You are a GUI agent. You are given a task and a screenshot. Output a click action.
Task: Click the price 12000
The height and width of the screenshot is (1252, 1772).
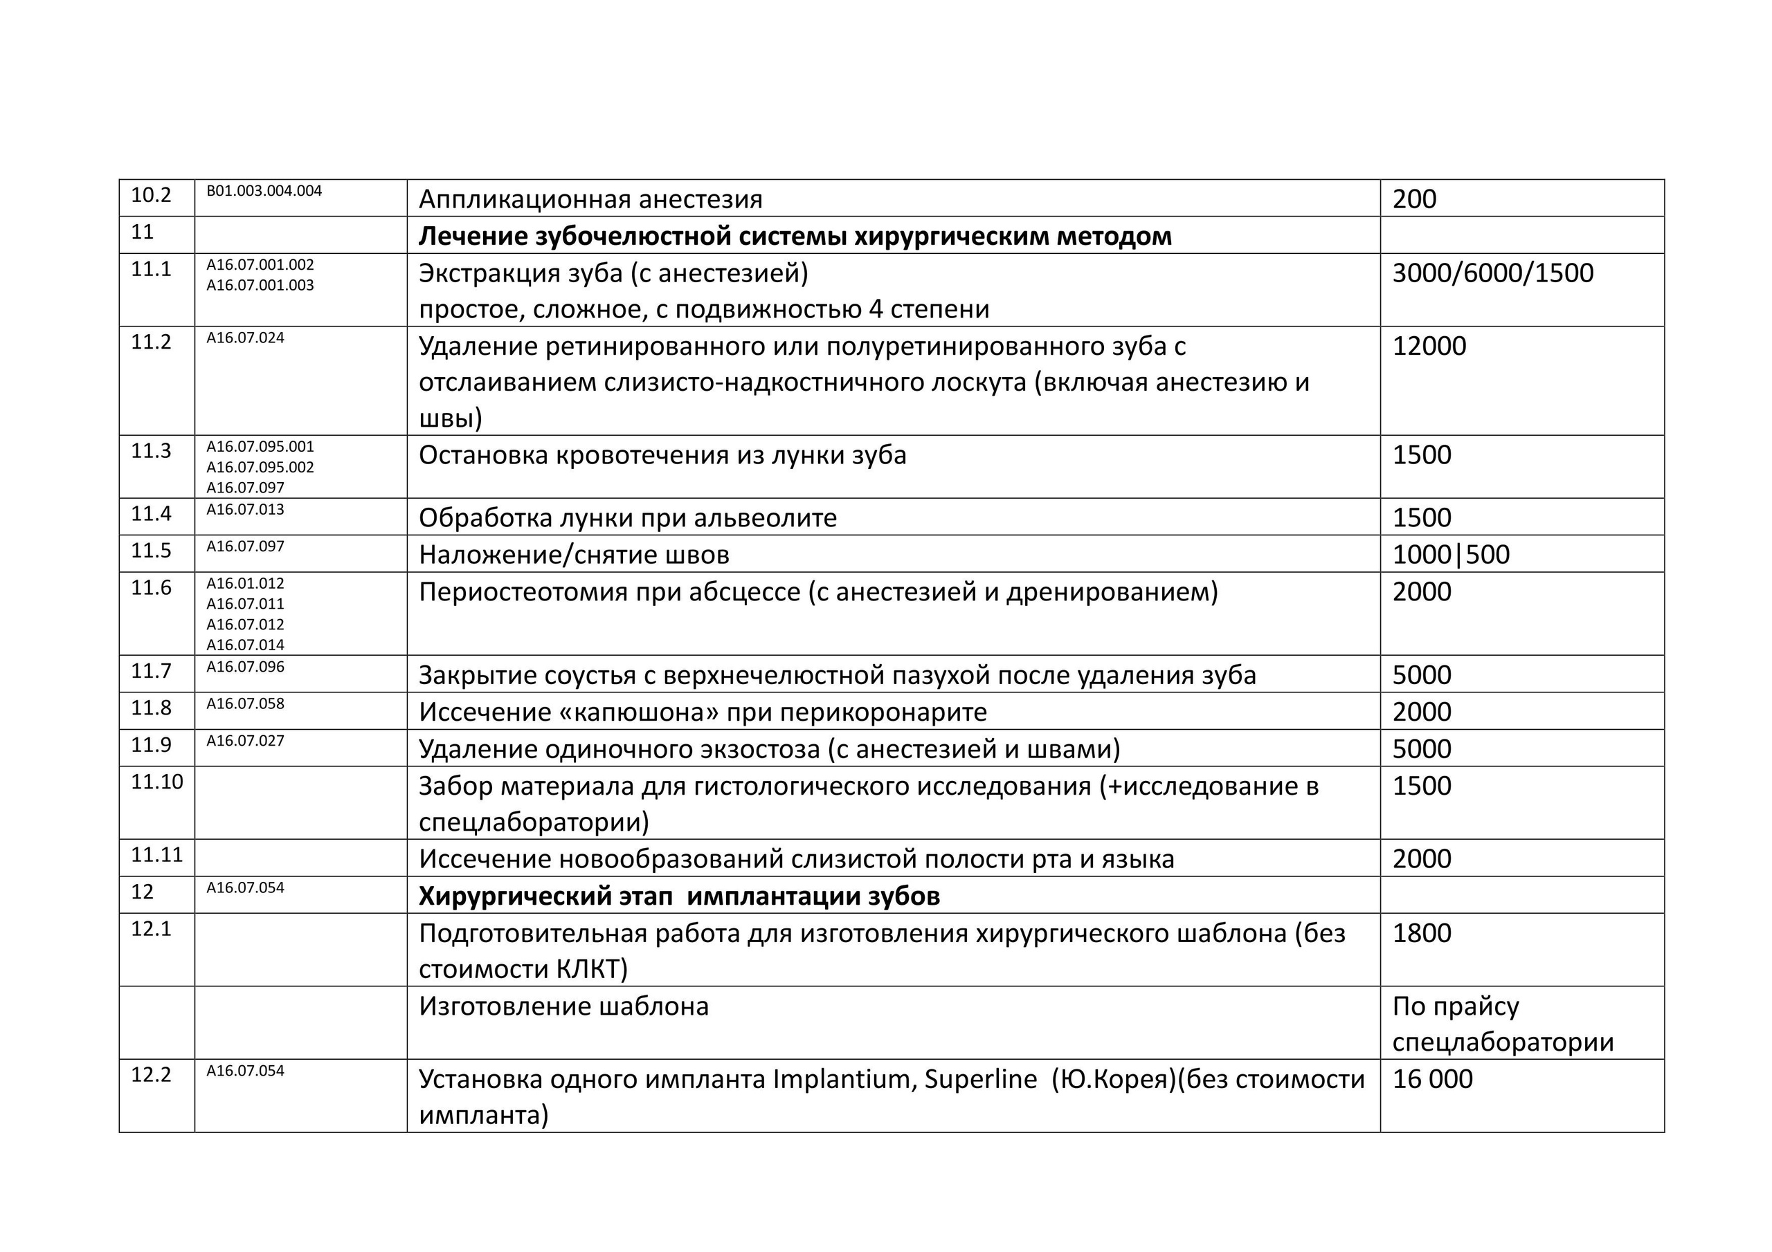click(1429, 347)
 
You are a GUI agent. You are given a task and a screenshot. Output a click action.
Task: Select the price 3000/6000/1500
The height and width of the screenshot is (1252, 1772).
click(1492, 274)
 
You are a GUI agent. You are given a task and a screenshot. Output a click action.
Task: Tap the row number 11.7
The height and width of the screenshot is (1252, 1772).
click(152, 671)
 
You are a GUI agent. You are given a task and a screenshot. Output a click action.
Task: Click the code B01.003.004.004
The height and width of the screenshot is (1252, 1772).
click(264, 190)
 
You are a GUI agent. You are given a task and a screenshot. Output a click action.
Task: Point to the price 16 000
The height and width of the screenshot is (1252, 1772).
click(1432, 1079)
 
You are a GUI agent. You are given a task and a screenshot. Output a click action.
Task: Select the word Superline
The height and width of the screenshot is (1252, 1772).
click(980, 1079)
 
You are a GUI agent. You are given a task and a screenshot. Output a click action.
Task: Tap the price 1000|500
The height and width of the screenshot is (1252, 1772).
click(1451, 555)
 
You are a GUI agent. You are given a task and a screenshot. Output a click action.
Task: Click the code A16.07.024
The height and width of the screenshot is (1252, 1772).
click(246, 338)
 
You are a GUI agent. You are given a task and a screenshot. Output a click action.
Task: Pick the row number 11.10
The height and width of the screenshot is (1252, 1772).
click(157, 782)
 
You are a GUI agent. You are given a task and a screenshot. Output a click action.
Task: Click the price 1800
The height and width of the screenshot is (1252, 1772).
click(1422, 933)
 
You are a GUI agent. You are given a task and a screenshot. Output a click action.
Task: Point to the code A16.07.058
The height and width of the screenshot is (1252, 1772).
click(246, 703)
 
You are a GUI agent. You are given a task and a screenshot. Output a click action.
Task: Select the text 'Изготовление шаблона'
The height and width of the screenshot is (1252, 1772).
click(563, 1006)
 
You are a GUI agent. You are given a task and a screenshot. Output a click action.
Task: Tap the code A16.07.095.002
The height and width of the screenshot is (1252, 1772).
click(260, 468)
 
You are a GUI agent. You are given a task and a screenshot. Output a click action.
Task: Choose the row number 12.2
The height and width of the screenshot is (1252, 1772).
click(152, 1074)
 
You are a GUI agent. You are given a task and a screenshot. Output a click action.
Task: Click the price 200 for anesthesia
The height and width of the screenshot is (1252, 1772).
click(1414, 200)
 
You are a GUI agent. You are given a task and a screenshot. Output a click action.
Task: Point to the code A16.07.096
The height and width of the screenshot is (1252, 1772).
click(246, 667)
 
